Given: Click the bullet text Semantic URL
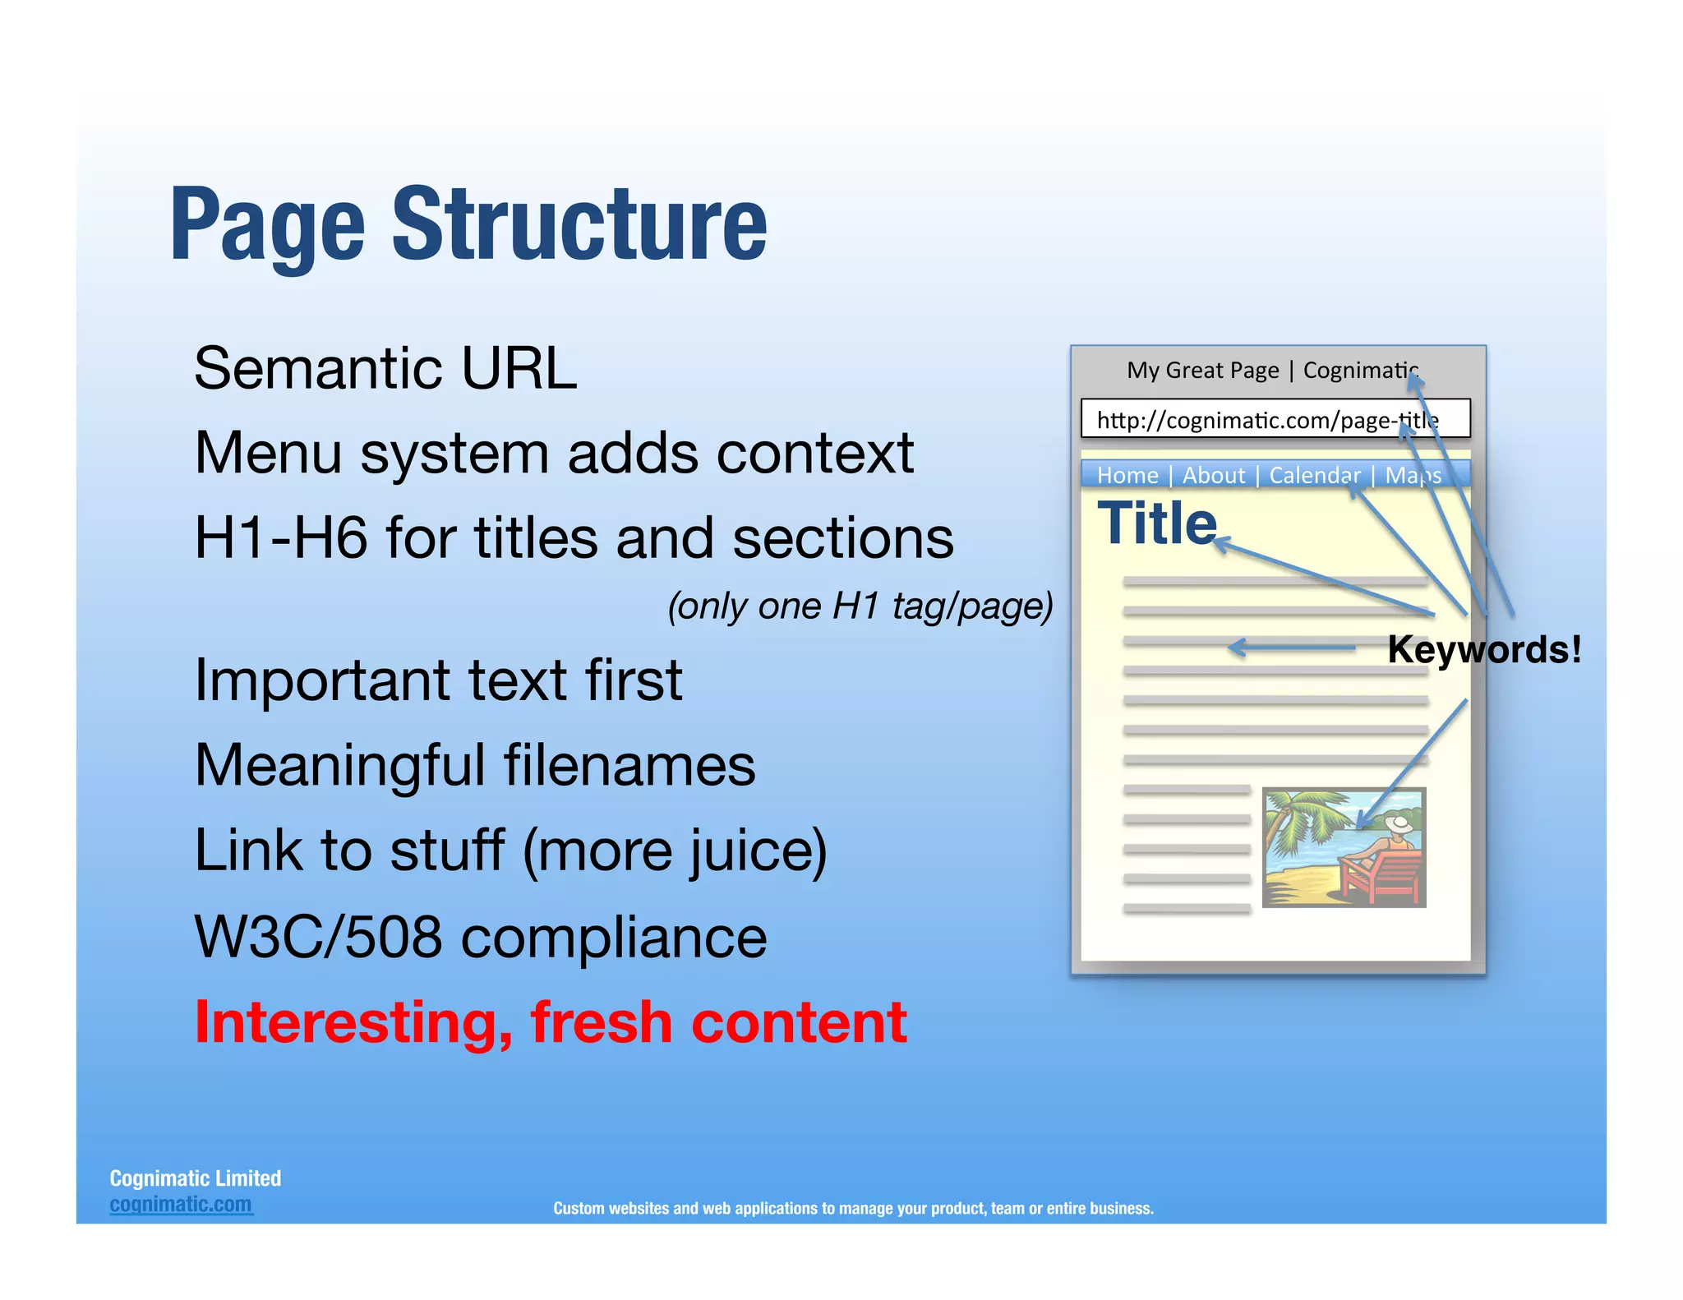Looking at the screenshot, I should click(x=385, y=368).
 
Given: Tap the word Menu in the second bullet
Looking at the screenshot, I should click(x=267, y=454).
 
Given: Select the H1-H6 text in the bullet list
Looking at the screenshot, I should click(x=280, y=538).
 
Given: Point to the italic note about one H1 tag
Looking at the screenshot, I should click(x=860, y=606).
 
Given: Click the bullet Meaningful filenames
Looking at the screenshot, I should click(x=474, y=765).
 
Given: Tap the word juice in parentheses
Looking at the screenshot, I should click(x=747, y=851).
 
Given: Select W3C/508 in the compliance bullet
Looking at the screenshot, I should click(x=318, y=937).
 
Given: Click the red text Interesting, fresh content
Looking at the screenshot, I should click(x=550, y=1022).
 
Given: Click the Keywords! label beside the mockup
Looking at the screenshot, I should click(x=1483, y=649).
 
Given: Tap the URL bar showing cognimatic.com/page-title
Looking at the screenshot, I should click(x=1275, y=420).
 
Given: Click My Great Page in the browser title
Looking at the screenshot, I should click(x=1202, y=371).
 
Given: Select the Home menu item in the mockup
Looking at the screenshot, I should click(x=1127, y=476).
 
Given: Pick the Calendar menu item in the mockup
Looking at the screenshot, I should click(x=1314, y=476).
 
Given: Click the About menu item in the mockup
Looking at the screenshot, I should click(x=1213, y=476).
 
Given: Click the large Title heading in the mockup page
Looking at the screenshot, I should click(x=1156, y=523).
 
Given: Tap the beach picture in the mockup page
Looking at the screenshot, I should click(x=1343, y=847).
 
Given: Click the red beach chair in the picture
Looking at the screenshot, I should click(x=1381, y=875).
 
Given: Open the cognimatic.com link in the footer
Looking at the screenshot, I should click(x=181, y=1205).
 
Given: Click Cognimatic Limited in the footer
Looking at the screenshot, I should click(x=195, y=1178).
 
